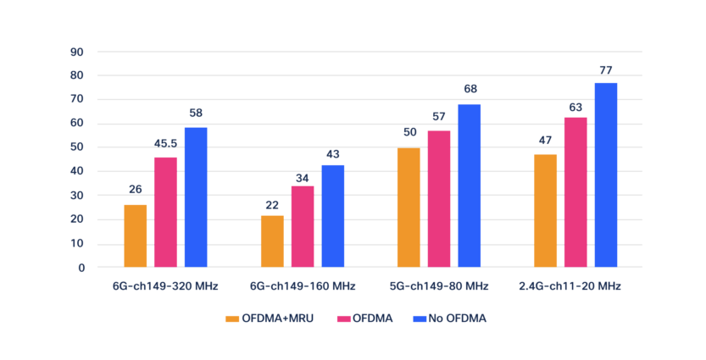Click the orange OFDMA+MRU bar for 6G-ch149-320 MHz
pyautogui.click(x=135, y=236)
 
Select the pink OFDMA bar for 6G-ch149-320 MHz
pyautogui.click(x=165, y=213)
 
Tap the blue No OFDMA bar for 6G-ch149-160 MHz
pyautogui.click(x=332, y=216)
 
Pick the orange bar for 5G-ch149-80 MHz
pyautogui.click(x=409, y=208)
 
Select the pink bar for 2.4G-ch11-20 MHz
pyautogui.click(x=575, y=192)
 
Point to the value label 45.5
pyautogui.click(x=165, y=144)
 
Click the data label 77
pyautogui.click(x=605, y=69)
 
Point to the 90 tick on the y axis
pyautogui.click(x=78, y=52)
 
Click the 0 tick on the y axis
pyautogui.click(x=81, y=268)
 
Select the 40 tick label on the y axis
pyautogui.click(x=78, y=171)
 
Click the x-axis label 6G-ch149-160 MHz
pyautogui.click(x=303, y=286)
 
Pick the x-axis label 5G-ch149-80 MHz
pyautogui.click(x=438, y=286)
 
